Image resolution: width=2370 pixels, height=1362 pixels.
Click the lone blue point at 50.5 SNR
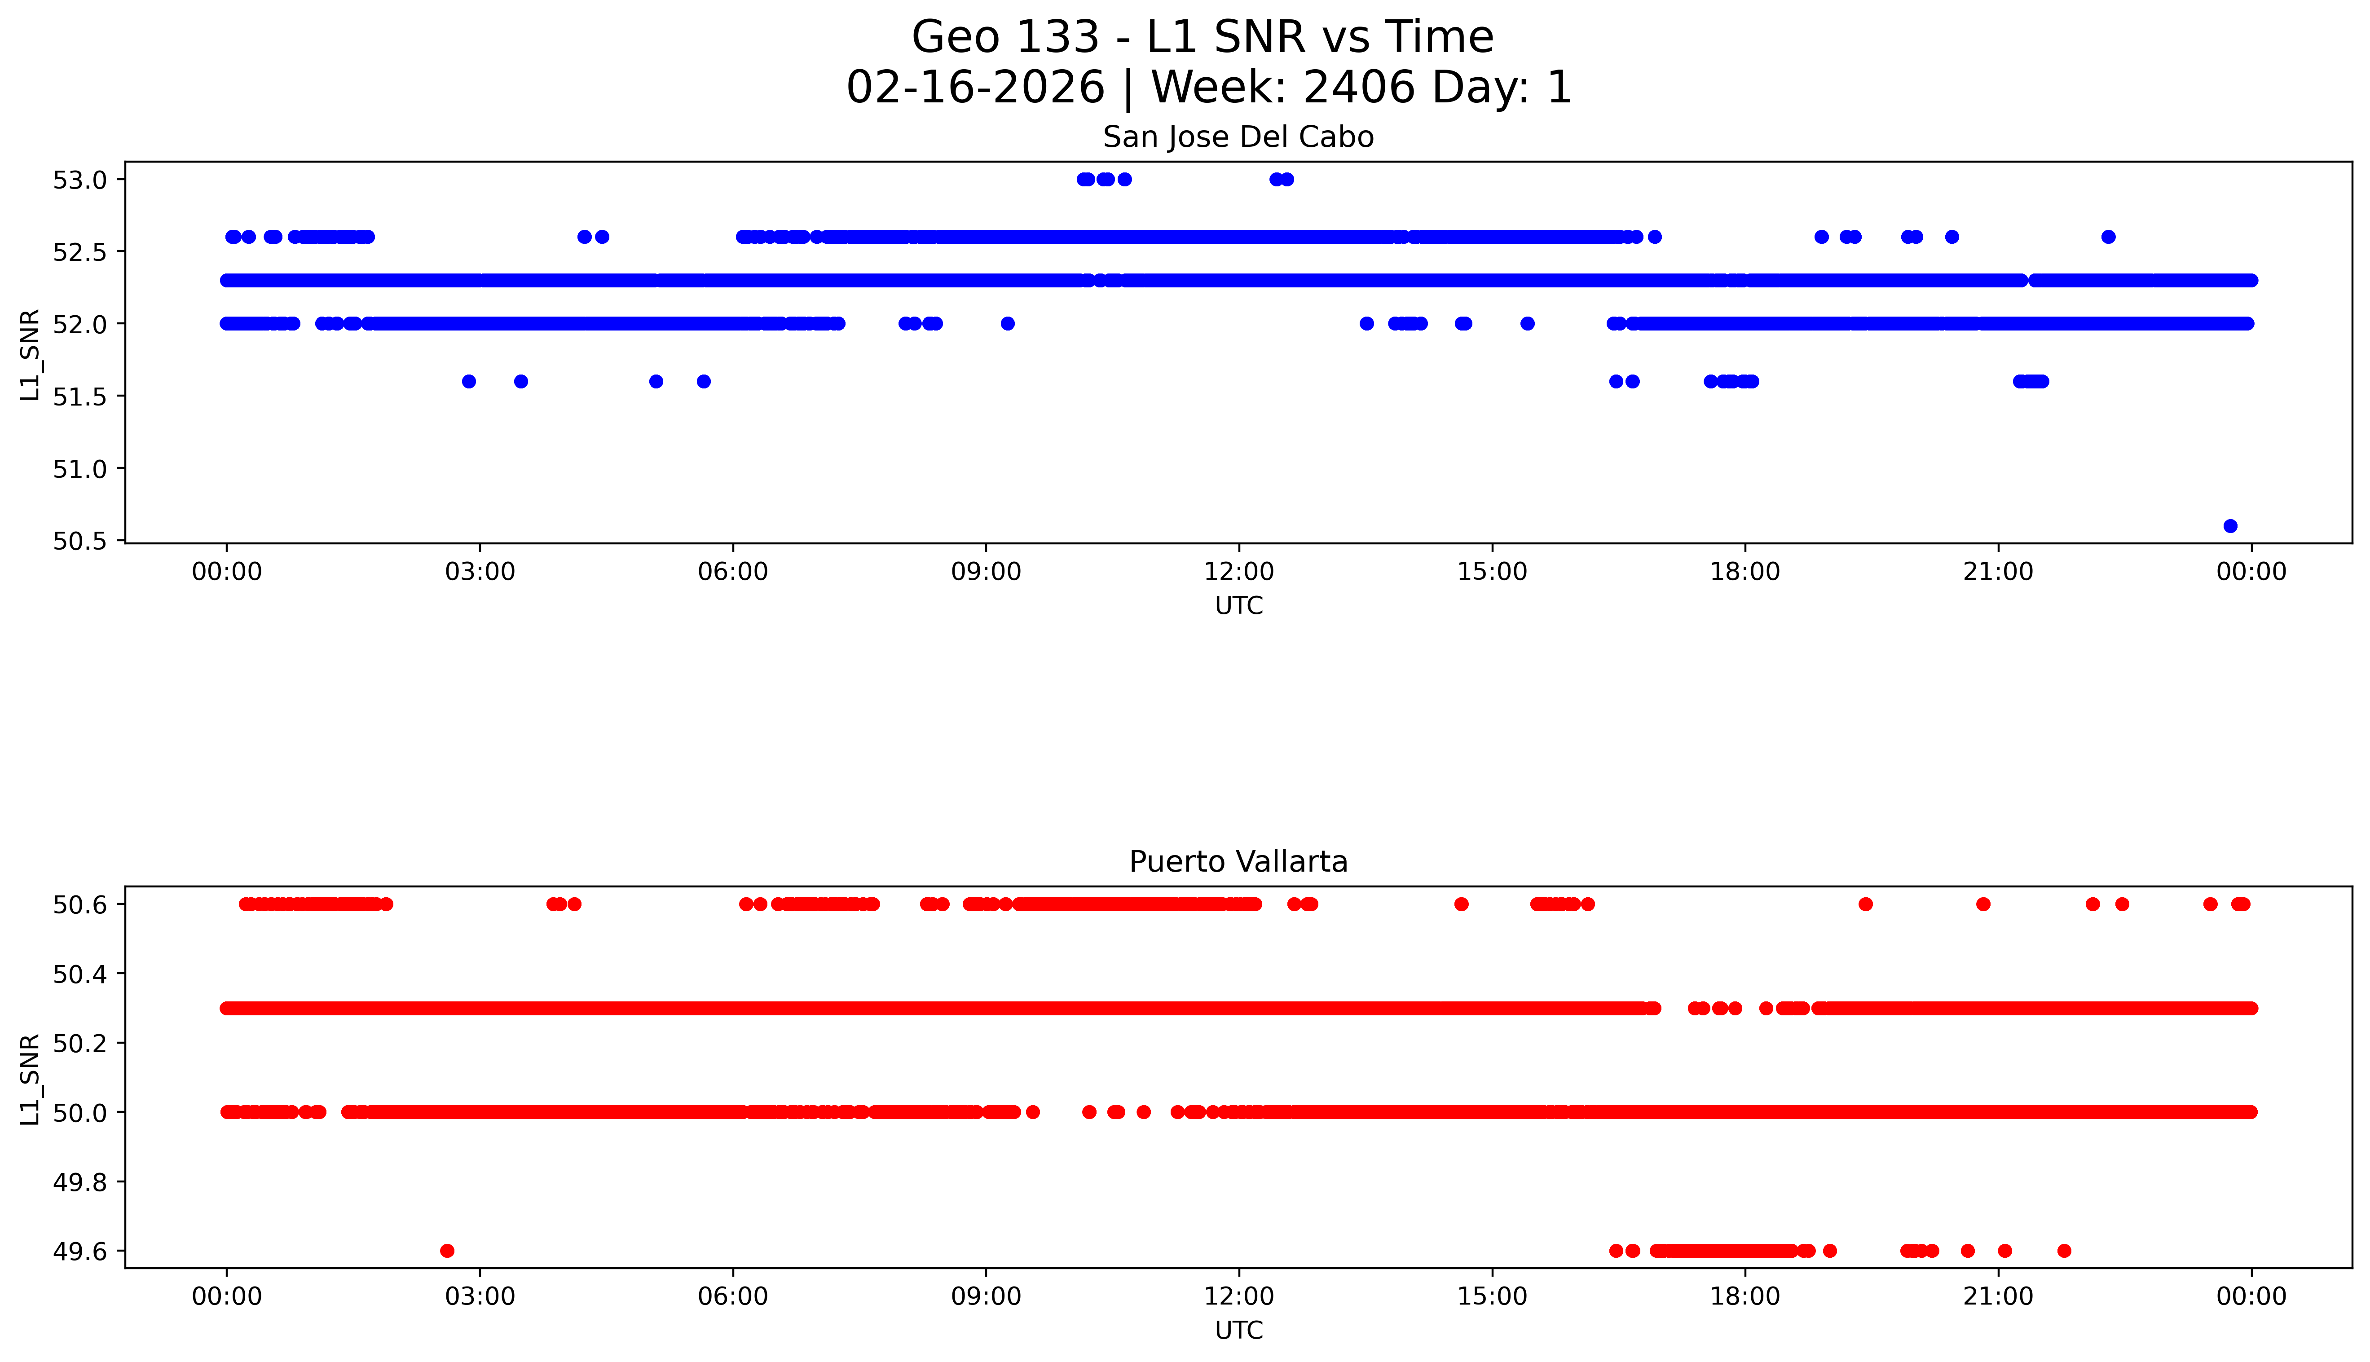point(2230,526)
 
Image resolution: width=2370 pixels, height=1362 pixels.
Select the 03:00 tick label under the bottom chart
point(480,1296)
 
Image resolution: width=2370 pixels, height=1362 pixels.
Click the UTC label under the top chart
point(1238,606)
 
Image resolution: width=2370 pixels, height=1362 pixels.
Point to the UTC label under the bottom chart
point(1238,1330)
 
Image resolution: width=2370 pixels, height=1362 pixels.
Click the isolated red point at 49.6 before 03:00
point(447,1251)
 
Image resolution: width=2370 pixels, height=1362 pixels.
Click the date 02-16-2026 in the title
point(975,88)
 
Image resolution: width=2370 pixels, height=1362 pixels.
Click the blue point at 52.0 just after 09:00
point(1007,324)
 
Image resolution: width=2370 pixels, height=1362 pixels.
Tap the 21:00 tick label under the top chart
point(1998,572)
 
